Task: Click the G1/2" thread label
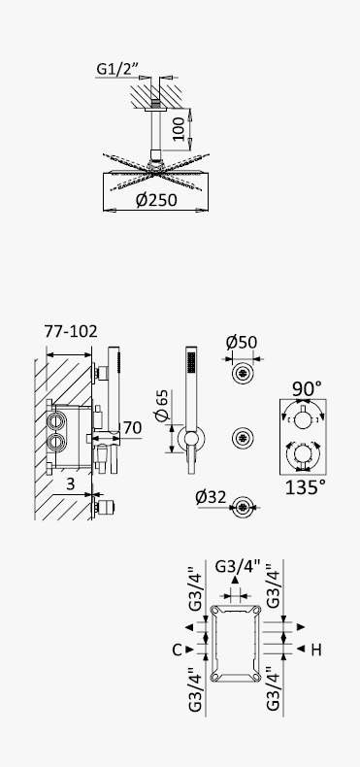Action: pyautogui.click(x=116, y=69)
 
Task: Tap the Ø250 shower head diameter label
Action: pyautogui.click(x=156, y=200)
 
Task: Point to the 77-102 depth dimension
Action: pyautogui.click(x=71, y=331)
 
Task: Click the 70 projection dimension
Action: pyautogui.click(x=132, y=427)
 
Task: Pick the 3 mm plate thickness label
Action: pyautogui.click(x=71, y=484)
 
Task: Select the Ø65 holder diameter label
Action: pyautogui.click(x=162, y=406)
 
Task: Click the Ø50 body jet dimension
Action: pyautogui.click(x=242, y=342)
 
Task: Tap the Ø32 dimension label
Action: pyautogui.click(x=211, y=497)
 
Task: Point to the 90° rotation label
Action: pyautogui.click(x=308, y=389)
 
